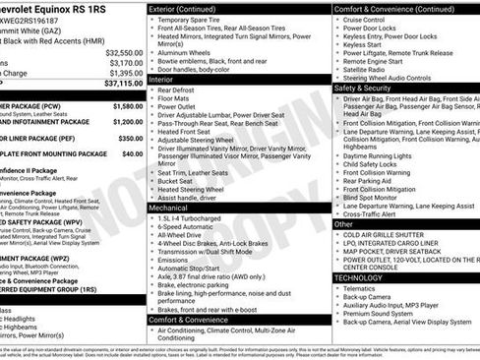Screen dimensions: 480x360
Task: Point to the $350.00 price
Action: (131, 139)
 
